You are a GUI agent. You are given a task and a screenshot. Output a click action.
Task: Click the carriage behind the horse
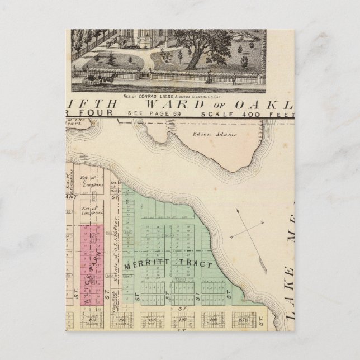pos(90,79)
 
